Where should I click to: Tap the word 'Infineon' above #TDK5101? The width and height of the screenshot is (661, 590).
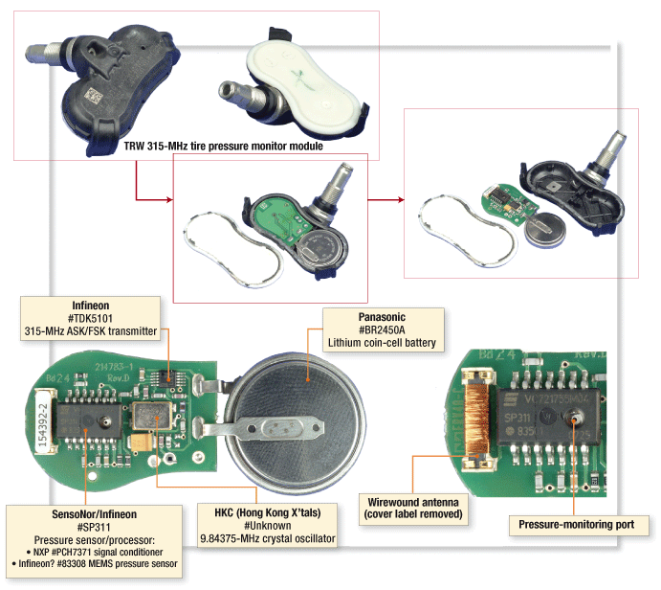(x=90, y=306)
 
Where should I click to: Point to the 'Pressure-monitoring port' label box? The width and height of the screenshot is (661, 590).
(x=583, y=525)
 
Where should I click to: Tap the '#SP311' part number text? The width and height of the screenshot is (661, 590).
(x=91, y=527)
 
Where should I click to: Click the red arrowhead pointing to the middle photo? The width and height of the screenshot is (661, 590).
(x=170, y=199)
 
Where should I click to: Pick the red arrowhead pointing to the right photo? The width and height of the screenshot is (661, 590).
(x=401, y=200)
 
